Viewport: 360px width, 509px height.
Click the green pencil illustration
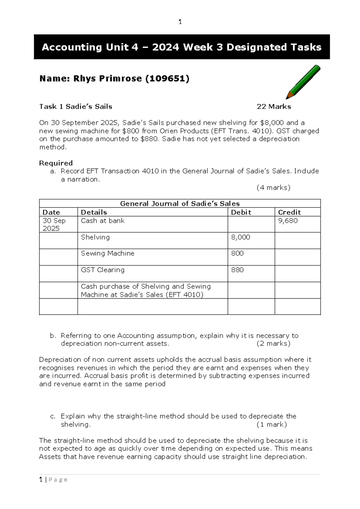tap(303, 82)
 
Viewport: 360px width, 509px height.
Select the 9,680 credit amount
tap(288, 221)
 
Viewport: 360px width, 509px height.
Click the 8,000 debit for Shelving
tap(240, 237)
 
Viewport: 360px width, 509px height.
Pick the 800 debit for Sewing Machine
tap(237, 254)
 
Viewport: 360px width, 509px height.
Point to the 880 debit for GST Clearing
tap(237, 270)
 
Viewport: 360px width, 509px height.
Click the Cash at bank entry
tap(103, 221)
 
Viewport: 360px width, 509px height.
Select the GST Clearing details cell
tap(103, 270)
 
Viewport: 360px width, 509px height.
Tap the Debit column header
tap(241, 212)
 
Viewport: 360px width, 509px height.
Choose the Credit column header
tap(289, 212)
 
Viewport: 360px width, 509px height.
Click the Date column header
tap(51, 212)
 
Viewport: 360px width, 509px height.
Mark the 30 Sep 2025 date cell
tap(54, 224)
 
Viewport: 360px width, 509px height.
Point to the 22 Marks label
tap(274, 107)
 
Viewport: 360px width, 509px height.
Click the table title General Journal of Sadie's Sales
tap(180, 203)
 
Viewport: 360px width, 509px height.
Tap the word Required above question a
tap(56, 163)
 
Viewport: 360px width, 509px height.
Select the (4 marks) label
tap(273, 188)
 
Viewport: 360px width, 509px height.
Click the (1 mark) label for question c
tap(271, 424)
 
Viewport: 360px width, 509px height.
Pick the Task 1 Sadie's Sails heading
tap(76, 107)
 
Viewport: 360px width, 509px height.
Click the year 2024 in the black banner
tap(166, 47)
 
